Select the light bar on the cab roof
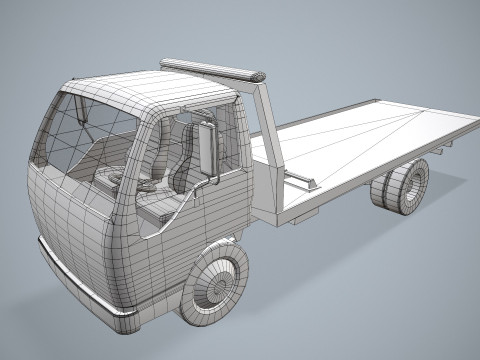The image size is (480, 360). (209, 70)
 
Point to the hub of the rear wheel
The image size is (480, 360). (410, 187)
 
